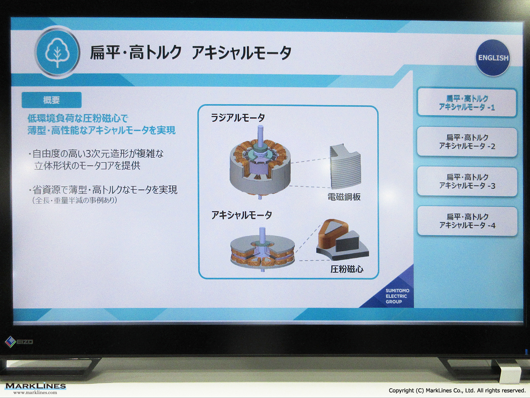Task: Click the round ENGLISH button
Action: (493, 57)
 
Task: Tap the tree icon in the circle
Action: (57, 53)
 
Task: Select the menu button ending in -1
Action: (467, 103)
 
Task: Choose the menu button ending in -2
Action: (467, 142)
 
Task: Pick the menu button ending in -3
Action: (467, 181)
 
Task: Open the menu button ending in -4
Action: (467, 221)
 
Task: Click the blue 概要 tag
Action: (51, 100)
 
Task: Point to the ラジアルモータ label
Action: (238, 118)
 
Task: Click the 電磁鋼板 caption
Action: (344, 197)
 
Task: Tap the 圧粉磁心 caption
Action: (347, 269)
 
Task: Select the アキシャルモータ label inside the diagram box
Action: (241, 215)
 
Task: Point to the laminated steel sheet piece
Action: (345, 166)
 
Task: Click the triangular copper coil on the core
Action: (333, 234)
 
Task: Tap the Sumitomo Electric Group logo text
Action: (397, 296)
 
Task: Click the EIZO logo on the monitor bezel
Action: (19, 341)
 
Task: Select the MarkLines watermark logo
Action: (35, 388)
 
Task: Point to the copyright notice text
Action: (457, 390)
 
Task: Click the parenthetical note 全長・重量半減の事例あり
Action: (75, 200)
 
